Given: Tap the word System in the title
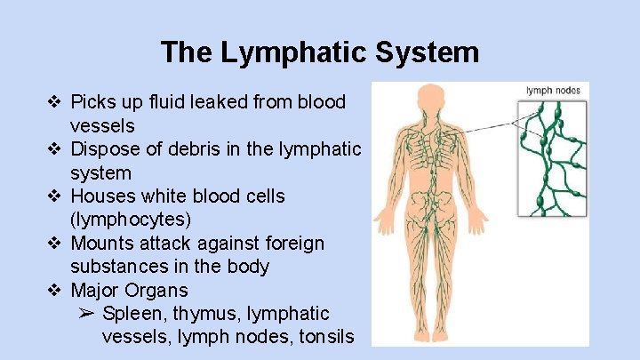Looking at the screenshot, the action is point(428,52).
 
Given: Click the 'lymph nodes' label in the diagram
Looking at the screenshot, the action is point(552,91).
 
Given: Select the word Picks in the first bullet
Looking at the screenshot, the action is point(93,101).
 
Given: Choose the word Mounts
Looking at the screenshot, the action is point(102,243).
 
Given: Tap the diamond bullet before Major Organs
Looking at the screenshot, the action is point(54,290).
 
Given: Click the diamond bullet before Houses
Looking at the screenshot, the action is point(54,196).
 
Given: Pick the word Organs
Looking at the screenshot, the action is point(160,290).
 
